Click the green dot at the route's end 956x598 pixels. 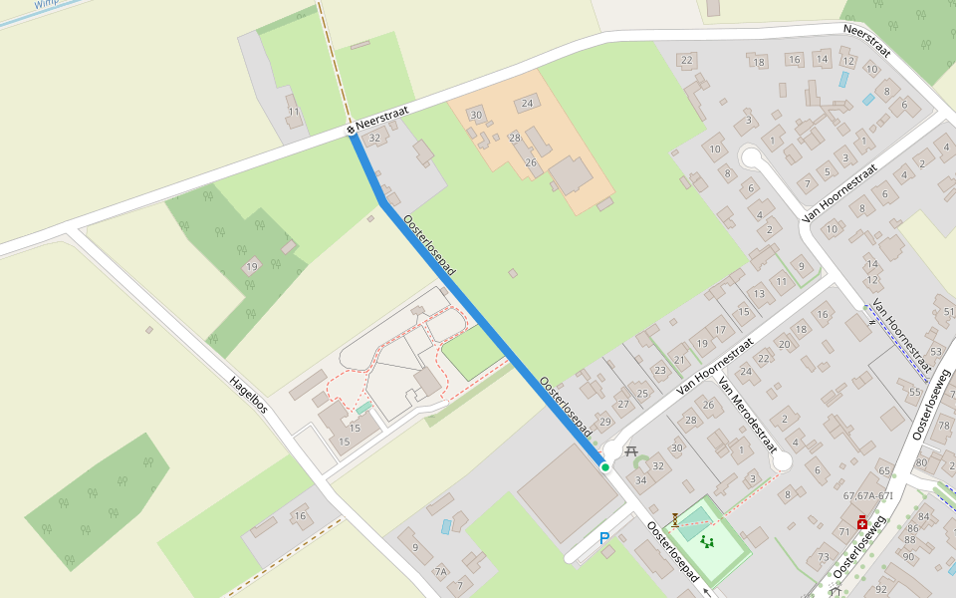604,466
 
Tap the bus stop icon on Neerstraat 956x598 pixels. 351,129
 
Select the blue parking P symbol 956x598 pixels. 603,538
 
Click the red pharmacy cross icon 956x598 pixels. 862,521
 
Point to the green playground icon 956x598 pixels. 708,542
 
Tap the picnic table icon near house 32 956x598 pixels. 631,450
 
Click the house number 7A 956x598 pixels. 440,571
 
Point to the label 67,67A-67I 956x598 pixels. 867,495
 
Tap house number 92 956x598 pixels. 880,589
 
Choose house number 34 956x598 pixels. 641,481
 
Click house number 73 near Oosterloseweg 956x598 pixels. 824,557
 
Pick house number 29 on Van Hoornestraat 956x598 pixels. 604,422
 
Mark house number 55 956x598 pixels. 914,393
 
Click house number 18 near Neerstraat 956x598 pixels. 759,63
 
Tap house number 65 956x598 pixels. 884,469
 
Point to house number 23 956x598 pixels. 660,370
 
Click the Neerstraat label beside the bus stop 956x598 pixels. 382,118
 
